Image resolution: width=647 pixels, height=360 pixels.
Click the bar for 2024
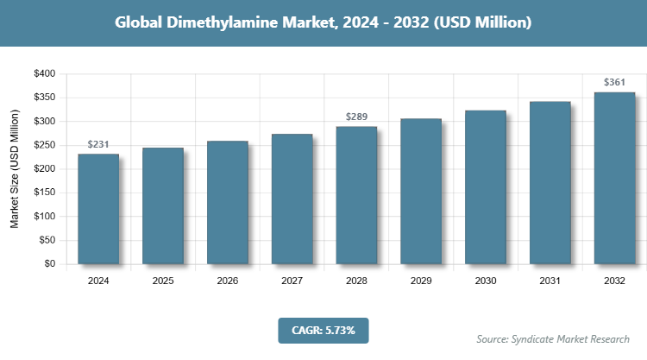point(98,209)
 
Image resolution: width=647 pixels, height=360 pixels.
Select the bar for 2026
point(228,203)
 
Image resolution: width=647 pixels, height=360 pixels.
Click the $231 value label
point(98,145)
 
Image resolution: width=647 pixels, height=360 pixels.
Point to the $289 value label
point(356,117)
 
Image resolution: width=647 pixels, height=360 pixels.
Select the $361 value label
point(614,83)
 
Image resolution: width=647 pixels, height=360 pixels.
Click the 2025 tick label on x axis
point(163,280)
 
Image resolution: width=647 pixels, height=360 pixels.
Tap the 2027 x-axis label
point(292,280)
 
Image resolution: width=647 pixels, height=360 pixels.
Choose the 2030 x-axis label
point(486,280)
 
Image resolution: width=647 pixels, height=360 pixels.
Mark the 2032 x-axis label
point(614,280)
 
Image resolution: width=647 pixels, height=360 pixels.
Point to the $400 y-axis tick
point(43,74)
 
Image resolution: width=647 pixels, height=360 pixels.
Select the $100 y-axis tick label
point(43,217)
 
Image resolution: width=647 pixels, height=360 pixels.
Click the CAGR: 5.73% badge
point(323,330)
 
